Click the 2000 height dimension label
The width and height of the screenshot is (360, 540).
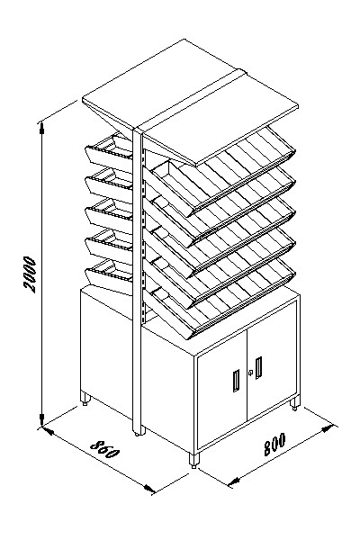coord(30,274)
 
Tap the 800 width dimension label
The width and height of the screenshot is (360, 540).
coord(274,444)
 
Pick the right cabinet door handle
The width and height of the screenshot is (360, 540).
coord(258,368)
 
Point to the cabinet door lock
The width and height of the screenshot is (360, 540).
coord(250,373)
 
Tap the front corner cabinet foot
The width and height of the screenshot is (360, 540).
coord(194,460)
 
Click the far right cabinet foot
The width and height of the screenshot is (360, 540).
coord(294,403)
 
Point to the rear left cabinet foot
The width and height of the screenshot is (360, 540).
coord(85,398)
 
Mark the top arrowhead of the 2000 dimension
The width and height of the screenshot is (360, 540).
coord(41,128)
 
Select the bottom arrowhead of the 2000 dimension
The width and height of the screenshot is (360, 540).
coord(41,421)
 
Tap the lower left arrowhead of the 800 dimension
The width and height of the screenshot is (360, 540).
coord(234,481)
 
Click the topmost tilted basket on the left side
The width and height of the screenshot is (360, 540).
coord(109,150)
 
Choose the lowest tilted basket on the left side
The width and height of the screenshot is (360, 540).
coord(109,275)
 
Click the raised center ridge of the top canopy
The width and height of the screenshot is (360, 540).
coord(190,100)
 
